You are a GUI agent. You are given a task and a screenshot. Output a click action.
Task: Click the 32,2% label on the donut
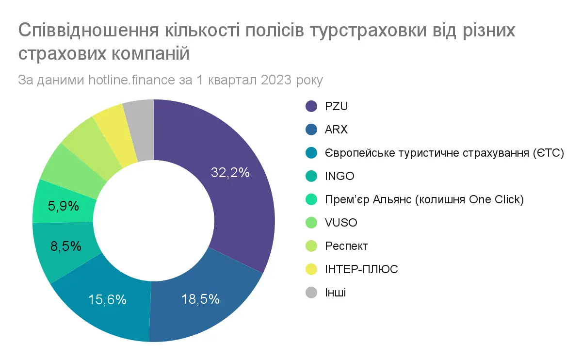(230, 172)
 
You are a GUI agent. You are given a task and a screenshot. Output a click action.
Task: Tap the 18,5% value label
(200, 299)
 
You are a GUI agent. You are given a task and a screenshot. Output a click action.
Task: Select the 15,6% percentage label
(107, 300)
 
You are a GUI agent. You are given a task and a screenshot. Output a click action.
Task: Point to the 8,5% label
(65, 246)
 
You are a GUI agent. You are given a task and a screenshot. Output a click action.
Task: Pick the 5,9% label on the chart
(64, 206)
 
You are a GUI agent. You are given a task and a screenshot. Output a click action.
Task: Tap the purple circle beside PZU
(311, 106)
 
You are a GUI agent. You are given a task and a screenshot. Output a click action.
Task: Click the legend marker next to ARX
(311, 130)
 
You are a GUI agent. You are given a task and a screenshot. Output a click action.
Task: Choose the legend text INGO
(339, 176)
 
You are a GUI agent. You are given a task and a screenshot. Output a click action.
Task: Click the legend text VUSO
(341, 223)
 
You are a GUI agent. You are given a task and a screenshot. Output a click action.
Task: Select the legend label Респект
(346, 246)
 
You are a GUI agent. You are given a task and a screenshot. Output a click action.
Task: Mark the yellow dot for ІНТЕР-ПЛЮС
(311, 269)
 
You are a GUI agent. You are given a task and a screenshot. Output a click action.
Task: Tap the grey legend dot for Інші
(311, 293)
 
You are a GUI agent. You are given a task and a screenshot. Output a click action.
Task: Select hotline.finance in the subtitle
(132, 80)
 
